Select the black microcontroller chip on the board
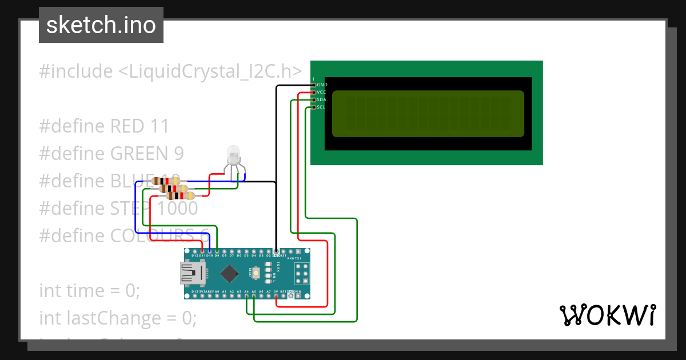(x=230, y=274)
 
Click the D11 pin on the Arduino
(x=202, y=251)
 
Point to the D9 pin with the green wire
(x=217, y=251)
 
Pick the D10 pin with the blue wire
(x=210, y=251)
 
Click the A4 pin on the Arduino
(x=246, y=296)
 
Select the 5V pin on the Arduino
(x=276, y=296)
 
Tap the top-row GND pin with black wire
(x=276, y=251)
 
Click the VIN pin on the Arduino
(x=298, y=296)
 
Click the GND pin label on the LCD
(x=322, y=85)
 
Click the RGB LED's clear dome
(x=233, y=153)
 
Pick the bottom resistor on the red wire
(x=180, y=196)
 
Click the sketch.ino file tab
(x=101, y=25)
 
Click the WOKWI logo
(x=607, y=315)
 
